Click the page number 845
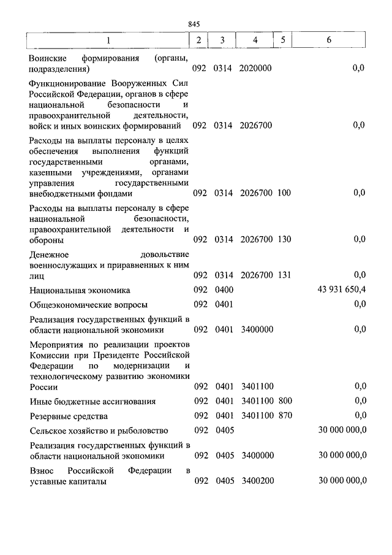pos(195,24)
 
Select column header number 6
pos(329,40)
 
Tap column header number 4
pos(255,40)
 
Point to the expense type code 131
pos(284,275)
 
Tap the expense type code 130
pos(284,239)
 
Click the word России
pos(43,387)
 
